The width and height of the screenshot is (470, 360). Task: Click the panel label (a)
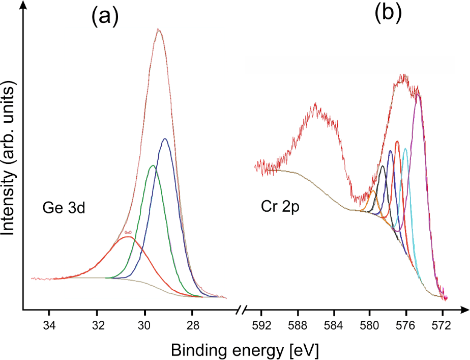[105, 17]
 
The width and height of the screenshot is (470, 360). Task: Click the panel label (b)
[389, 14]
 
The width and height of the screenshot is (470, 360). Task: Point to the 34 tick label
[49, 325]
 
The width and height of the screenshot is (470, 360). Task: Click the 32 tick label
[97, 325]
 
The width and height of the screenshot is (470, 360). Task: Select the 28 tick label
[193, 325]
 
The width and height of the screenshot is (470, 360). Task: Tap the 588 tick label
[298, 325]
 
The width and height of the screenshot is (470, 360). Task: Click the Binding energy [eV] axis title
[245, 350]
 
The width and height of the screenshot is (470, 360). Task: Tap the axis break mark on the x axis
[243, 309]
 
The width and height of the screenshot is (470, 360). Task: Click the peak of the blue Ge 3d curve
[164, 139]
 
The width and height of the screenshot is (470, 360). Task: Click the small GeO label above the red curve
[128, 232]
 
